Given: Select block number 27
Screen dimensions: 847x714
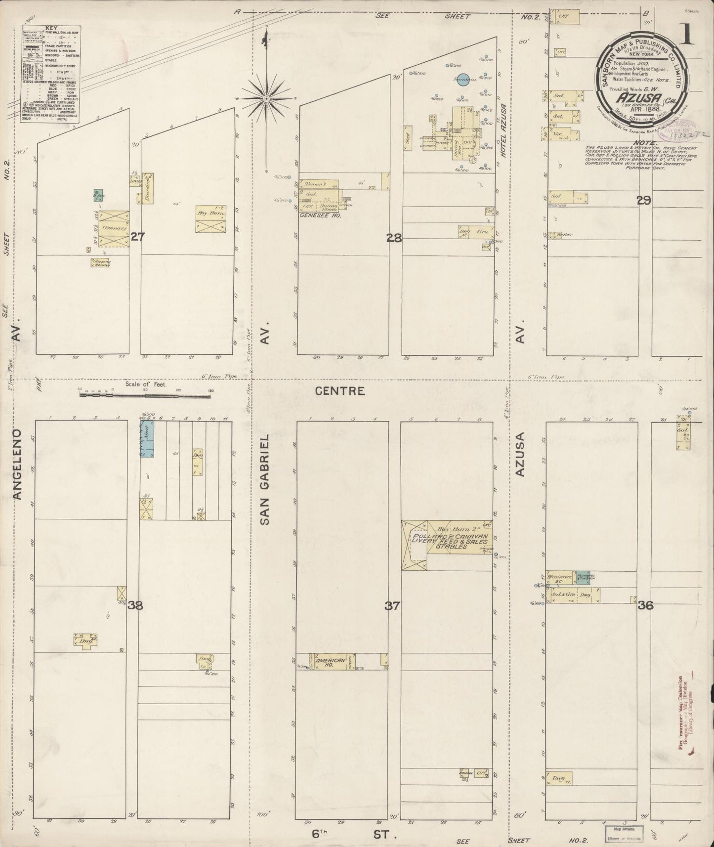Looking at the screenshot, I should pos(137,237).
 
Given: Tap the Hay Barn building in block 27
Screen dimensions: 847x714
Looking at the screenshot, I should pos(211,218).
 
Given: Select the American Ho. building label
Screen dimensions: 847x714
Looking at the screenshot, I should pos(331,662).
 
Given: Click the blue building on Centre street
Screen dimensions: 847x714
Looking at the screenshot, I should pos(147,439).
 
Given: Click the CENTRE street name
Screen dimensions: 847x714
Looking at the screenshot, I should pos(340,391).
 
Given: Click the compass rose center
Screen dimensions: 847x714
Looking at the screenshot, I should pos(266,98).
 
